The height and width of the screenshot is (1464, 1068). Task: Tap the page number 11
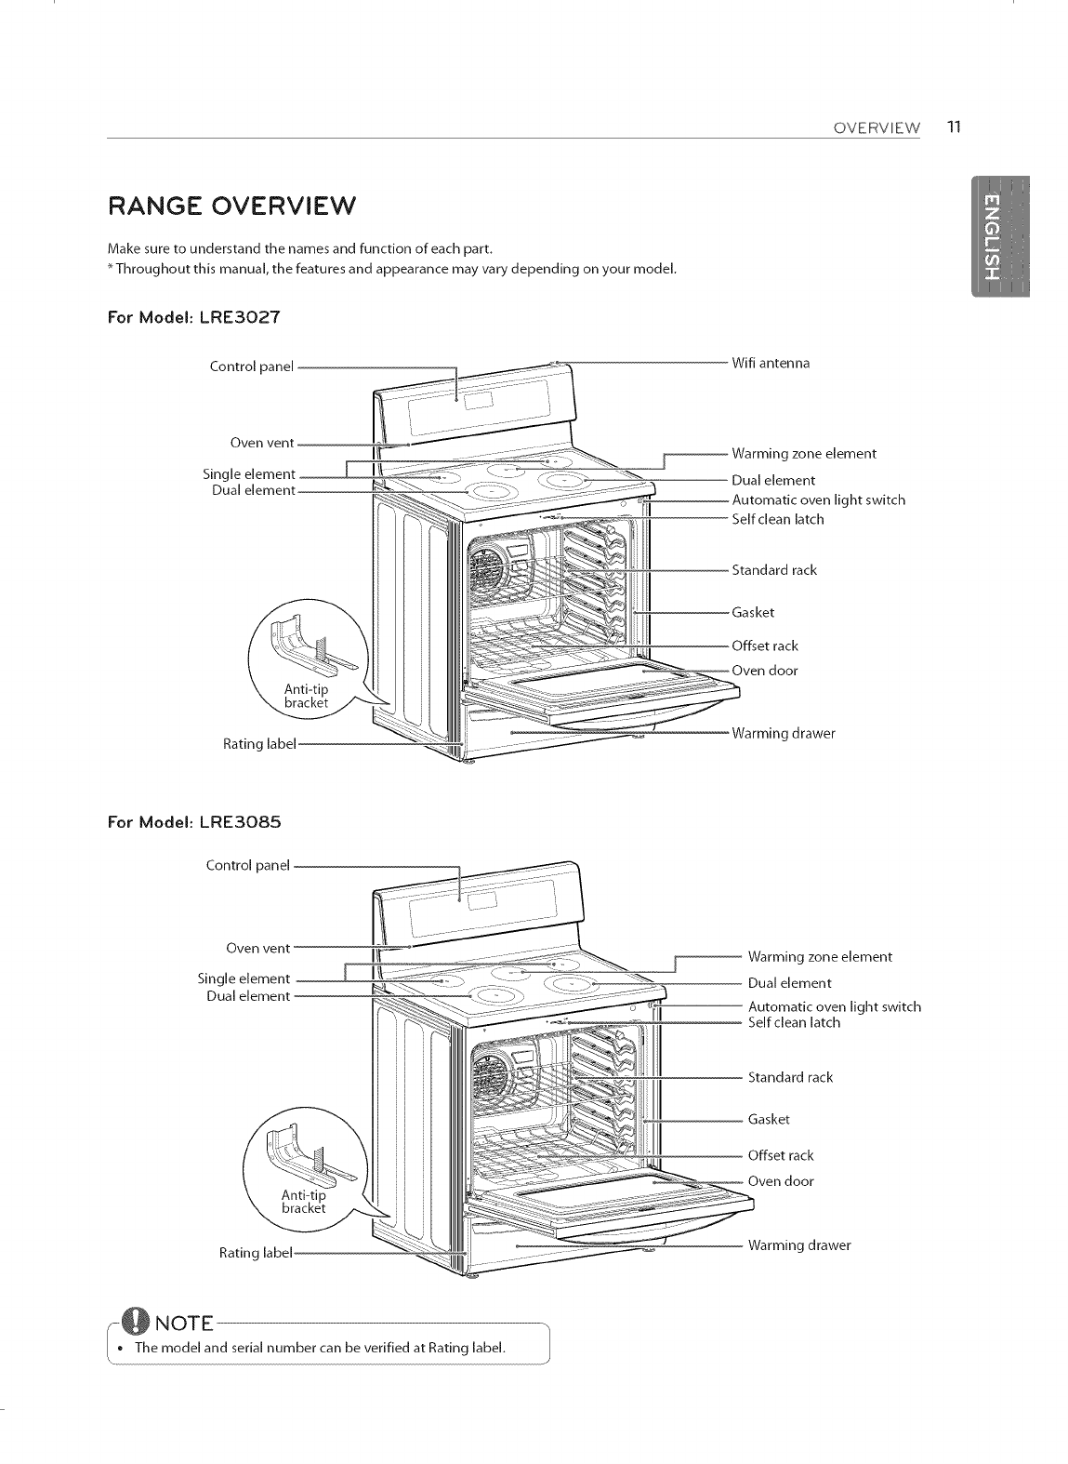(953, 127)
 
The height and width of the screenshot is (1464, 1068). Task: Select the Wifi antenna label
(771, 363)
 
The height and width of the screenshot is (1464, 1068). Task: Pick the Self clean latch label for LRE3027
(777, 519)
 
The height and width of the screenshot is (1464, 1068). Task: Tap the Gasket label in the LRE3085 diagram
(769, 1119)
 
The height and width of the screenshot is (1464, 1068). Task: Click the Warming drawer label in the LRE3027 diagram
(783, 733)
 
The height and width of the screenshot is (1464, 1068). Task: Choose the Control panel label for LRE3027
(251, 366)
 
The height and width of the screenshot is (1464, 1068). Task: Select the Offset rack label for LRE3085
(780, 1155)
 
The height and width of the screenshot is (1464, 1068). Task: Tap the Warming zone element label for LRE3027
(804, 454)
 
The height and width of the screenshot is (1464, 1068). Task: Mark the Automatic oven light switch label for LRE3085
(834, 1006)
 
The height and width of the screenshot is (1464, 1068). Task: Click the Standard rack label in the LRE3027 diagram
(773, 569)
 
